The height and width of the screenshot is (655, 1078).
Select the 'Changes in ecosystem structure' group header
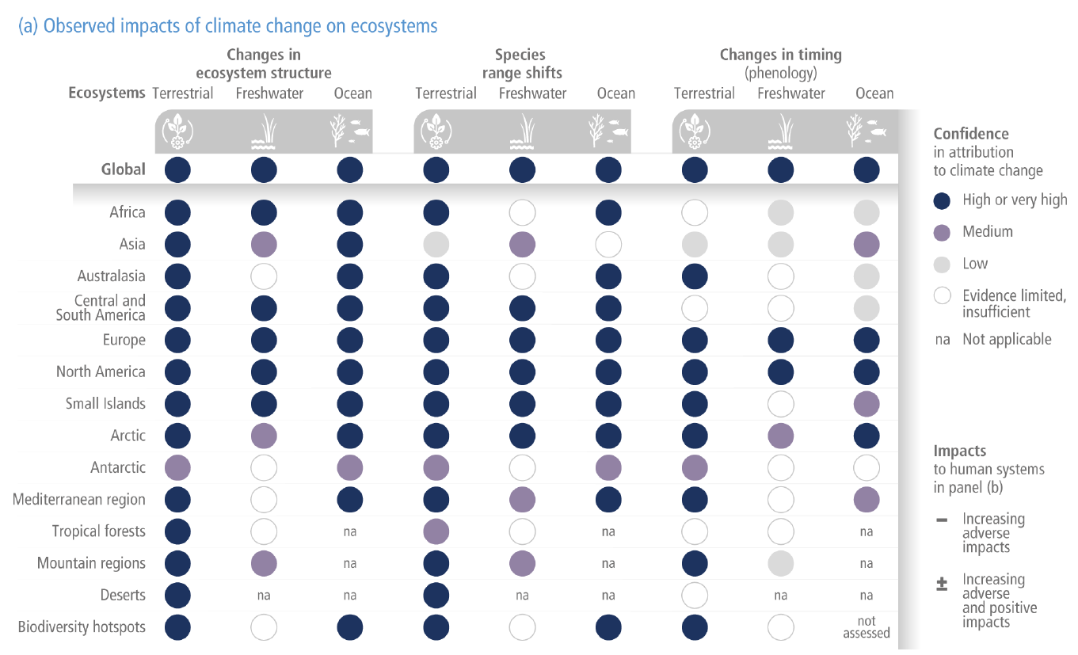[264, 64]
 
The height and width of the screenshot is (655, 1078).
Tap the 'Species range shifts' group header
[521, 64]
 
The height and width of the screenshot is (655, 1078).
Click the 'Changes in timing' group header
[780, 55]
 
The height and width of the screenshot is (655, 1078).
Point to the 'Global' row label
[124, 169]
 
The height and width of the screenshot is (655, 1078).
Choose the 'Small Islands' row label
[105, 404]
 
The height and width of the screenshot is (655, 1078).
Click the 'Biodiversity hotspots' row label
[82, 627]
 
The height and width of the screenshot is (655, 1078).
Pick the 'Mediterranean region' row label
[79, 500]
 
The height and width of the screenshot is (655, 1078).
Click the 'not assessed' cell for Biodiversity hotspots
[867, 627]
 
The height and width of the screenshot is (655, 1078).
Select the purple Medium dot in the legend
[943, 232]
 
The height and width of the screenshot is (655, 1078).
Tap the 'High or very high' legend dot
[943, 200]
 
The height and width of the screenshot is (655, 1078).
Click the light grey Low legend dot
[943, 264]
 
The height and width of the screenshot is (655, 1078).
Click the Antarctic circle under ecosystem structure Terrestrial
[178, 468]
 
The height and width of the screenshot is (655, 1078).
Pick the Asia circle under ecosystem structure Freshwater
[264, 244]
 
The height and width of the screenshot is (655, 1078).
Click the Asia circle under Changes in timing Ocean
[867, 244]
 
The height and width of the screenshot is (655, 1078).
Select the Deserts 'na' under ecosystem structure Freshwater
[264, 596]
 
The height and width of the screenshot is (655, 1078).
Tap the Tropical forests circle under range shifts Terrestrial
[436, 531]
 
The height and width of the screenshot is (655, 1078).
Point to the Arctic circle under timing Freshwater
[781, 436]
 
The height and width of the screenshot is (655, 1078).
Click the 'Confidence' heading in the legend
[970, 134]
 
